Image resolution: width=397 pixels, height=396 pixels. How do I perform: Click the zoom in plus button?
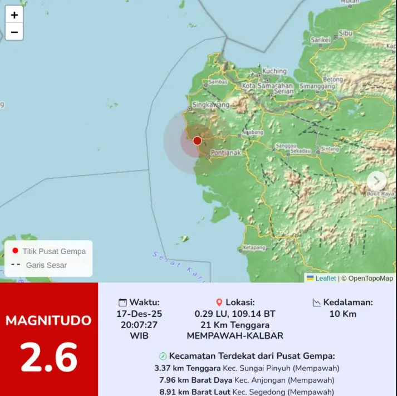pos(14,15)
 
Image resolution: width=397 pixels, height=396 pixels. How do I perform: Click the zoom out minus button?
pos(14,32)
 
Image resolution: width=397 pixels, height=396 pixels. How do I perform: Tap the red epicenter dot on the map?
pos(197,141)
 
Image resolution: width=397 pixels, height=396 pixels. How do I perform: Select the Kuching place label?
pos(275,71)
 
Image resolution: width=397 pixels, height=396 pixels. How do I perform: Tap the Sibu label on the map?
pos(345,33)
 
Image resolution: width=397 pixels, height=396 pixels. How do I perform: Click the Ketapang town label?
pos(254,247)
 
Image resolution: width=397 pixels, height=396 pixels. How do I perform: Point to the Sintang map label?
pos(330,149)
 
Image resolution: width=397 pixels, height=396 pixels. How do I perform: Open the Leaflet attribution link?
pos(326,278)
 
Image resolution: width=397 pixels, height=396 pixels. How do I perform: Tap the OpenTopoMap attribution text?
pos(370,278)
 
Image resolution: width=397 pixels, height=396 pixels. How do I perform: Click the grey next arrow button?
pos(376,180)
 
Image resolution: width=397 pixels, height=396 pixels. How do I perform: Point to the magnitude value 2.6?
pos(49,357)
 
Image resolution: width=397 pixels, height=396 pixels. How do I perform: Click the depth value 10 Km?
pos(342,314)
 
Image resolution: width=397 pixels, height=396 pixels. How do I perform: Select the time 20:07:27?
pos(139,325)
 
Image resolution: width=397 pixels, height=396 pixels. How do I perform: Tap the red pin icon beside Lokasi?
pos(219,302)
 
